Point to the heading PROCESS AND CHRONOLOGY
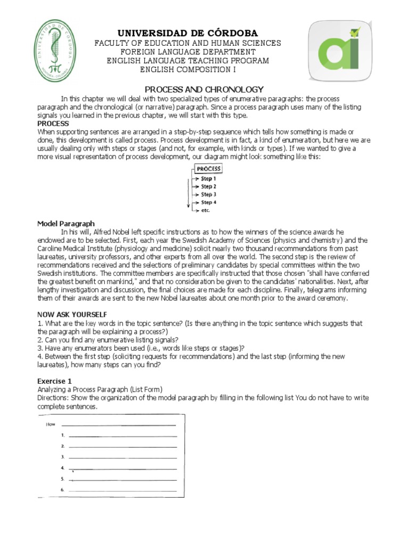coord(204,89)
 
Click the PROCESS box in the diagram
coord(208,169)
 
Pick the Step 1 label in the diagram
coord(208,179)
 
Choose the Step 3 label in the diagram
coord(208,195)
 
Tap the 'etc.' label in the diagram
coord(206,210)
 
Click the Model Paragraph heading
coord(66,224)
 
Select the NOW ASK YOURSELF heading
coord(72,315)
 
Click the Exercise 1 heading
coord(54,381)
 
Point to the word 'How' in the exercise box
coord(51,424)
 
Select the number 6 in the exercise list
coord(62,490)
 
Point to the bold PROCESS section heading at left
coord(53,123)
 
